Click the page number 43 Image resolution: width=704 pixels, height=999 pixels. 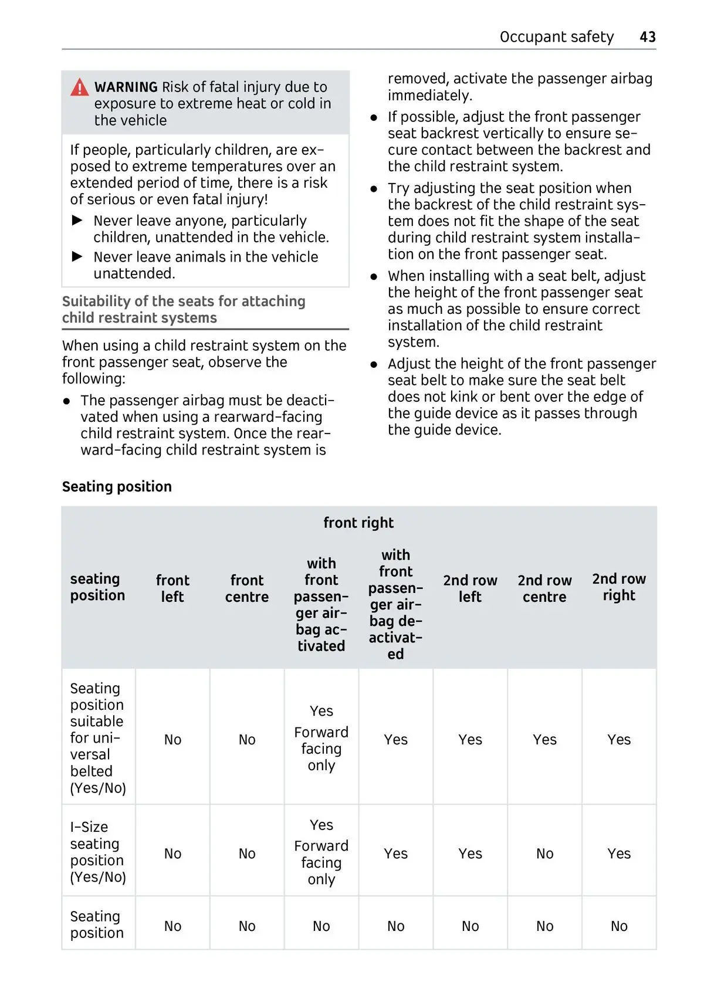pyautogui.click(x=647, y=37)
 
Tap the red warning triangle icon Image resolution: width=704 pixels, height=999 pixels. pyautogui.click(x=79, y=87)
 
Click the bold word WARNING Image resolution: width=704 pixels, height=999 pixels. pyautogui.click(x=126, y=87)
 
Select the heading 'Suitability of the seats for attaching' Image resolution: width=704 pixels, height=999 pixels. pyautogui.click(x=184, y=302)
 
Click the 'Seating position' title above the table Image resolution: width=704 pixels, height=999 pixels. pyautogui.click(x=117, y=486)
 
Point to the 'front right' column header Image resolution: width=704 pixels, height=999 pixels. pyautogui.click(x=358, y=523)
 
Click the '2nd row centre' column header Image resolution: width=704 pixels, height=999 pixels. pyautogui.click(x=544, y=588)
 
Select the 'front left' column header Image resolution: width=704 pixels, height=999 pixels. pyautogui.click(x=172, y=588)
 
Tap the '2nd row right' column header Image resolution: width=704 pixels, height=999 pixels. pyautogui.click(x=619, y=587)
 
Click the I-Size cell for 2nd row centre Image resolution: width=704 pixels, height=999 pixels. pyautogui.click(x=544, y=854)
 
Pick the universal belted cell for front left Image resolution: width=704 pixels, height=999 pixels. pyautogui.click(x=172, y=740)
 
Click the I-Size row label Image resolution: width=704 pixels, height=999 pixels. pyautogui.click(x=98, y=852)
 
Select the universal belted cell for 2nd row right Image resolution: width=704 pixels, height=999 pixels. pyautogui.click(x=619, y=740)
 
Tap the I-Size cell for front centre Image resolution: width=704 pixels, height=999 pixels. pyautogui.click(x=247, y=854)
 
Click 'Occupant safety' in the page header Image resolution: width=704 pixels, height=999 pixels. pyautogui.click(x=556, y=37)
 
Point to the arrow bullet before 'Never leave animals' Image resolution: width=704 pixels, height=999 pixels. pyautogui.click(x=77, y=256)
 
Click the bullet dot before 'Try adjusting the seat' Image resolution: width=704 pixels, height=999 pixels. pyautogui.click(x=374, y=189)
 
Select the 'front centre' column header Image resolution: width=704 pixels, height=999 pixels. pyautogui.click(x=247, y=588)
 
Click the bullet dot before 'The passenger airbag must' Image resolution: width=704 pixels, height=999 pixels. pyautogui.click(x=67, y=401)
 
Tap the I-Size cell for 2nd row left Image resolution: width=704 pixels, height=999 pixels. pyautogui.click(x=470, y=854)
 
